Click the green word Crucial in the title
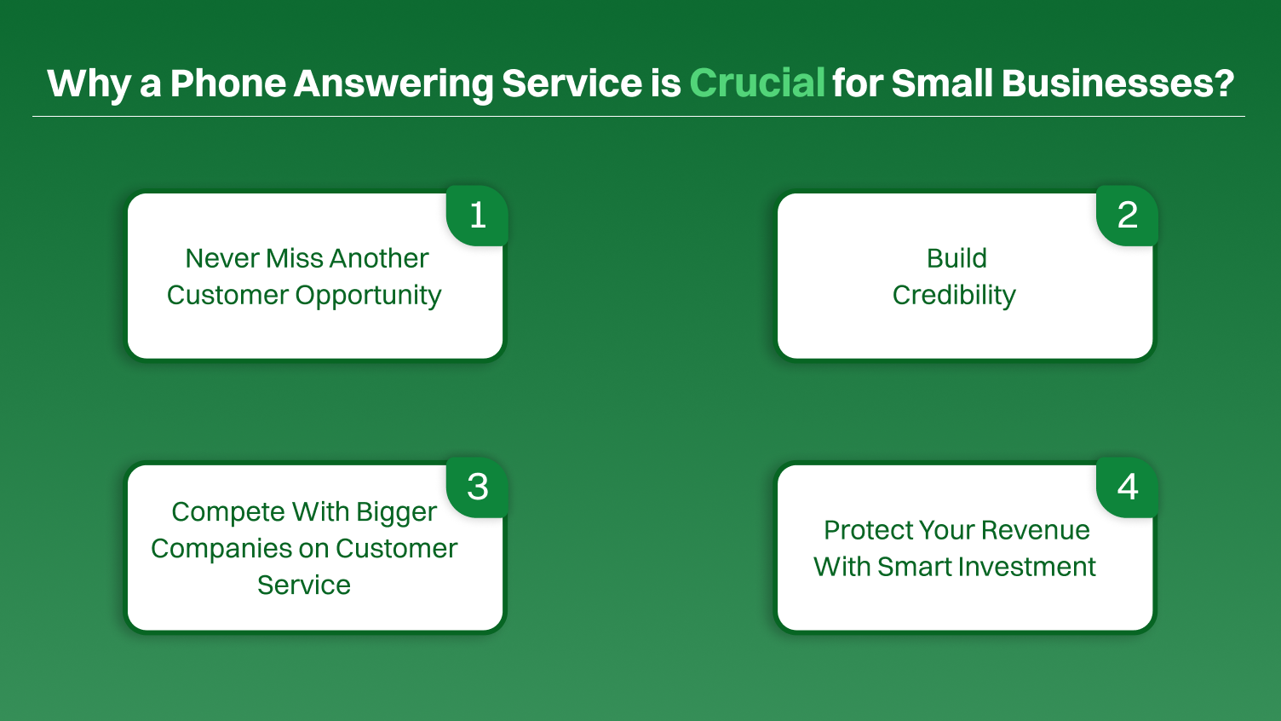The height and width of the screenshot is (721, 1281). point(756,84)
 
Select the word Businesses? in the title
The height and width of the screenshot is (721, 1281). point(1117,84)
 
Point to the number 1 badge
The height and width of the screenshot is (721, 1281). point(478,215)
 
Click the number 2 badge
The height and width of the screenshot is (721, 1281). point(1127,215)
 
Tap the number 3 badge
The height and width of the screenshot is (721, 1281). point(478,487)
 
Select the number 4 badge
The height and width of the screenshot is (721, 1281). point(1127,487)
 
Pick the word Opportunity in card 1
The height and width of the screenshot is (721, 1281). point(368,296)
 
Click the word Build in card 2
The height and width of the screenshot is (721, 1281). point(956,258)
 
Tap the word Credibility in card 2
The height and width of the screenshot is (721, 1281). point(954,295)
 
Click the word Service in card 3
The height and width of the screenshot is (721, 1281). point(304,585)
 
